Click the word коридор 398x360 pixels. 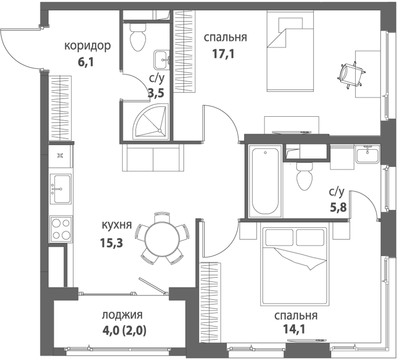(x=87, y=46)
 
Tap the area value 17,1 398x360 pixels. (x=223, y=54)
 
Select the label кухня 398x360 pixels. (x=117, y=225)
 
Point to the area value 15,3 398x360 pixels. (x=112, y=243)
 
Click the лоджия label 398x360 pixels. (x=122, y=315)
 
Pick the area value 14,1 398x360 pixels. (x=294, y=329)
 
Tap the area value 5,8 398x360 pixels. (x=338, y=208)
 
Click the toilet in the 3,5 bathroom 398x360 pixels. (x=138, y=37)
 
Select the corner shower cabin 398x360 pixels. (x=151, y=121)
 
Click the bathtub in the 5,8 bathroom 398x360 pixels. (x=265, y=181)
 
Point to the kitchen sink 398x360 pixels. (x=60, y=189)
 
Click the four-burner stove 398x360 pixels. (x=61, y=229)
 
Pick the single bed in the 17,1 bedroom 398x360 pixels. (x=290, y=51)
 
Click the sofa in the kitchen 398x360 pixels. (x=153, y=157)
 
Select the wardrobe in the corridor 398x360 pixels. (x=61, y=107)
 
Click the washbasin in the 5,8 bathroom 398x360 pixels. (x=368, y=155)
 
